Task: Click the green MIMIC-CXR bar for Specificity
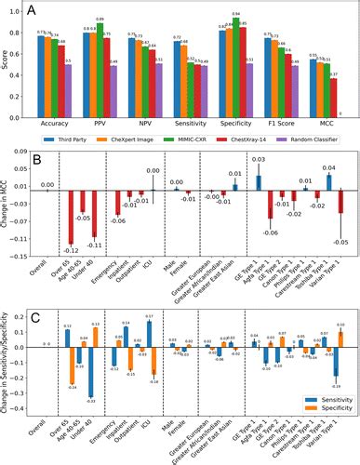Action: pyautogui.click(x=236, y=65)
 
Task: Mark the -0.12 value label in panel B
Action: pyautogui.click(x=70, y=250)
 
